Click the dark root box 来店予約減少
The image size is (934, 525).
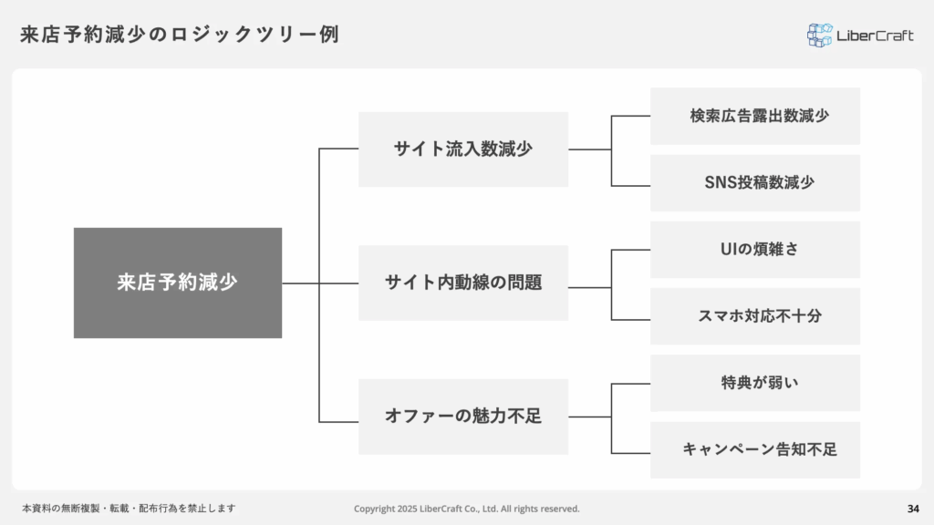(178, 283)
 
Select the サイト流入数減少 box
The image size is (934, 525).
(463, 149)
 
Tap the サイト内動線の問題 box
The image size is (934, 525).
(463, 283)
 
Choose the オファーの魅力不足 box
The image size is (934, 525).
(463, 417)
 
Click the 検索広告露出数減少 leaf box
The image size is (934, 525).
(755, 116)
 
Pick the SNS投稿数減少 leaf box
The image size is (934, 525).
(755, 182)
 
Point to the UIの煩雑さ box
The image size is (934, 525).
(755, 250)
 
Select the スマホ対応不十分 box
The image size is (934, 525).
(755, 316)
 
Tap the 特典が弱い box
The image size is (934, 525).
(755, 384)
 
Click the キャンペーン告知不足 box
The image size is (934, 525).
(755, 450)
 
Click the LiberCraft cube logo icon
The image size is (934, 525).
(820, 36)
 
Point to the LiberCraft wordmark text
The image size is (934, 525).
(875, 36)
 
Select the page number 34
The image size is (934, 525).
(913, 509)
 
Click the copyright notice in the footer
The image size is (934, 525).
(466, 509)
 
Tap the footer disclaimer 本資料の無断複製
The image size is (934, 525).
(130, 509)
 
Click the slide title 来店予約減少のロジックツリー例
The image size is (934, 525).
(180, 35)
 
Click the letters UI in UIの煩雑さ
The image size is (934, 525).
(728, 249)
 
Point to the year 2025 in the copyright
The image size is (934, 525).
(407, 509)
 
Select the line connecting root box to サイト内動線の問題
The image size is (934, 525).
(320, 283)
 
